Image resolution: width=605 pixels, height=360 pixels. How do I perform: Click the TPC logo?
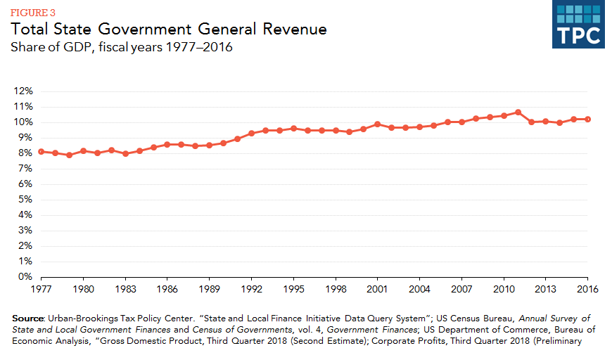[578, 26]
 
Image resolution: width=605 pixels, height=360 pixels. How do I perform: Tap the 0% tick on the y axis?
[25, 277]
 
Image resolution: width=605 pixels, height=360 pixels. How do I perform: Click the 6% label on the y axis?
[25, 184]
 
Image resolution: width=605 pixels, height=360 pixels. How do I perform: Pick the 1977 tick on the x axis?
[42, 288]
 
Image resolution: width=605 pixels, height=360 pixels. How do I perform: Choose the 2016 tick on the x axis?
[587, 288]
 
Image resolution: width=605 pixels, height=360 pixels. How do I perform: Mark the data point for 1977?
[42, 151]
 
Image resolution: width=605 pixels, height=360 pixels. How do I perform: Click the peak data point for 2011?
[518, 112]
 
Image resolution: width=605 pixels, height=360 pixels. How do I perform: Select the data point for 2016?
[587, 119]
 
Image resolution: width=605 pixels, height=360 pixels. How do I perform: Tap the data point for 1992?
[251, 133]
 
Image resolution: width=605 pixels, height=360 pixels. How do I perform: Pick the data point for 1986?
[167, 144]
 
